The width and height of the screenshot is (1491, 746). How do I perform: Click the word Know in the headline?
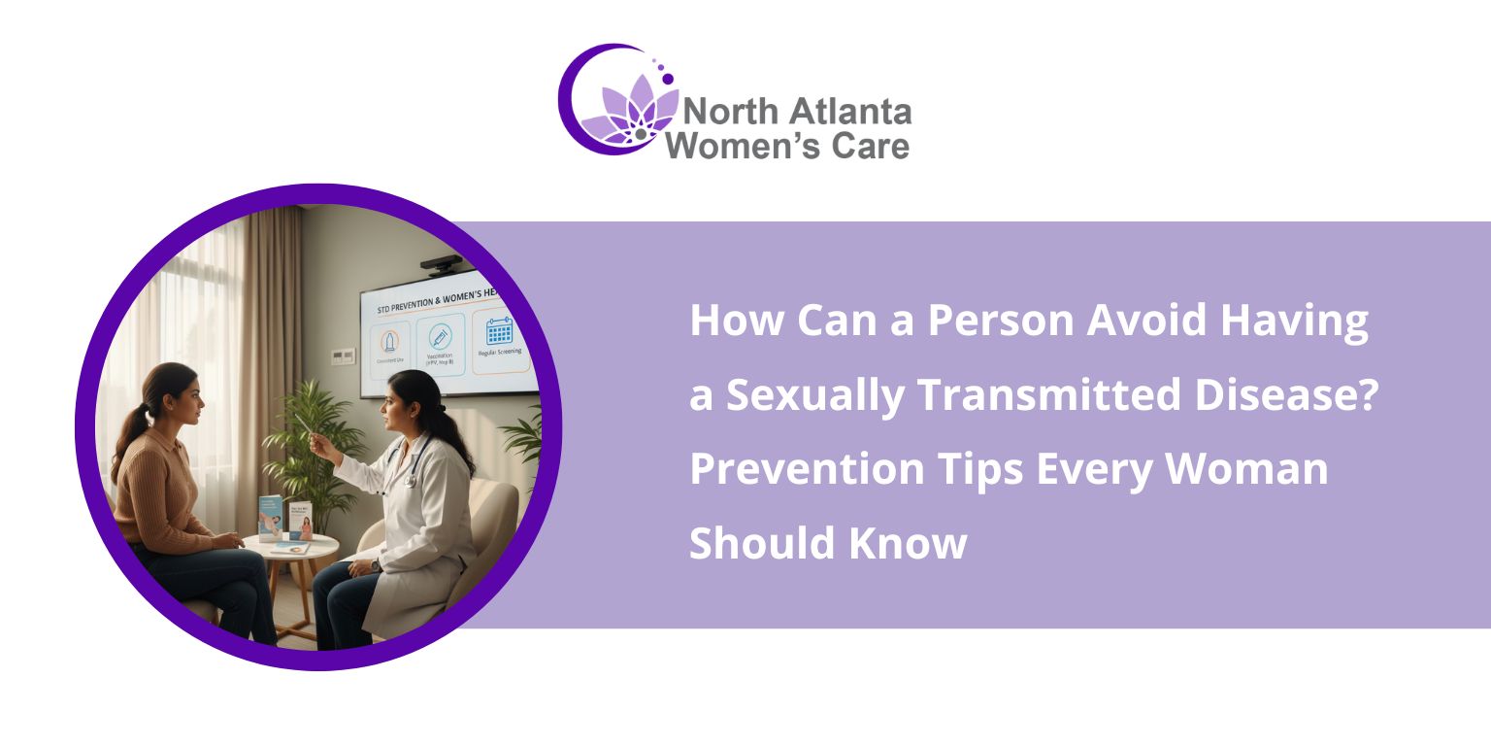point(909,542)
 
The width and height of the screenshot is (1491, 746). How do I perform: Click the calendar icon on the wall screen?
point(499,332)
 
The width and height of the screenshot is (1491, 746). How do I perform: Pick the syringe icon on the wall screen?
point(440,337)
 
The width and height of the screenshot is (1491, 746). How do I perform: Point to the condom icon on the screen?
point(388,341)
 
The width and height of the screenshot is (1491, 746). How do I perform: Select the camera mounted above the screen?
point(443,262)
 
